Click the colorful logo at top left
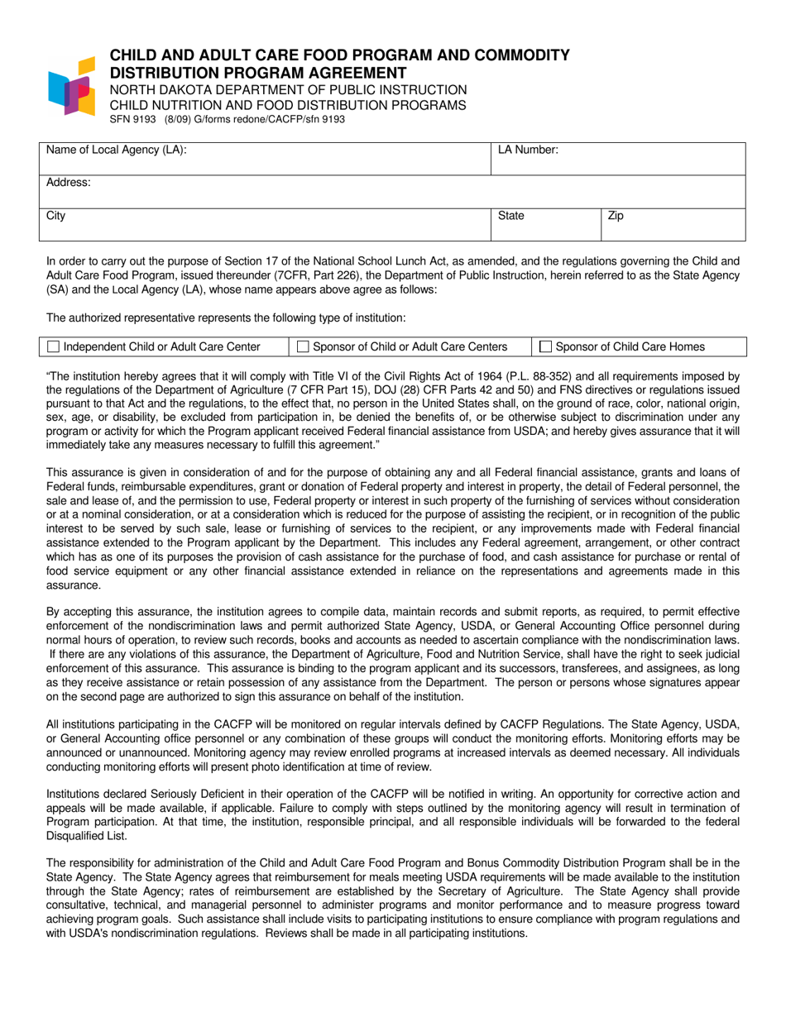click(72, 85)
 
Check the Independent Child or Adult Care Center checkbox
click(54, 346)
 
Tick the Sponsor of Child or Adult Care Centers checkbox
click(303, 346)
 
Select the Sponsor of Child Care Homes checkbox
click(546, 346)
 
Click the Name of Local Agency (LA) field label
click(116, 150)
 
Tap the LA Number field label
click(528, 150)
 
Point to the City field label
click(55, 216)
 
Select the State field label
click(510, 216)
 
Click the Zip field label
click(616, 216)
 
